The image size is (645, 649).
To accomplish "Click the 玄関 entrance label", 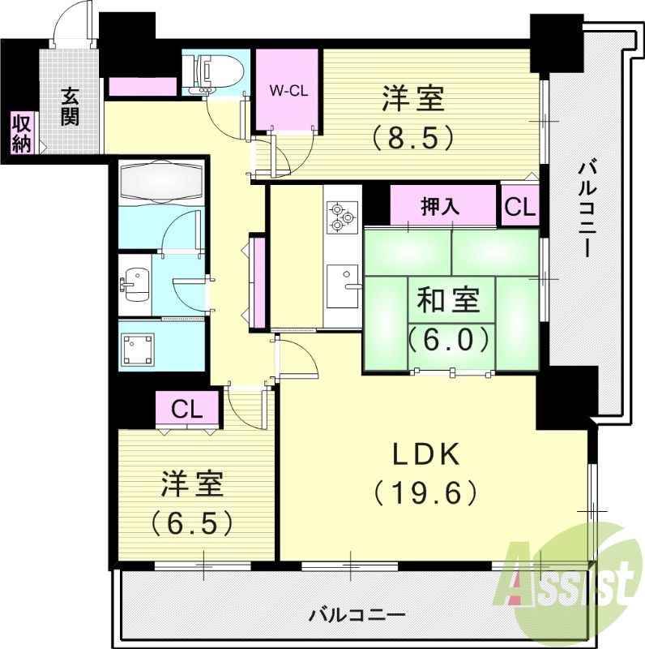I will [x=70, y=106].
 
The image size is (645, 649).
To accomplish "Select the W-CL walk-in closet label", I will [x=288, y=91].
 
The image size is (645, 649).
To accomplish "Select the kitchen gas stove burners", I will [x=341, y=216].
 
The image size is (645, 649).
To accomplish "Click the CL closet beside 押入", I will [x=519, y=206].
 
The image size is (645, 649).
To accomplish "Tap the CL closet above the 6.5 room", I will [x=187, y=409].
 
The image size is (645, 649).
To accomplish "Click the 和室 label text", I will [x=449, y=301].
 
